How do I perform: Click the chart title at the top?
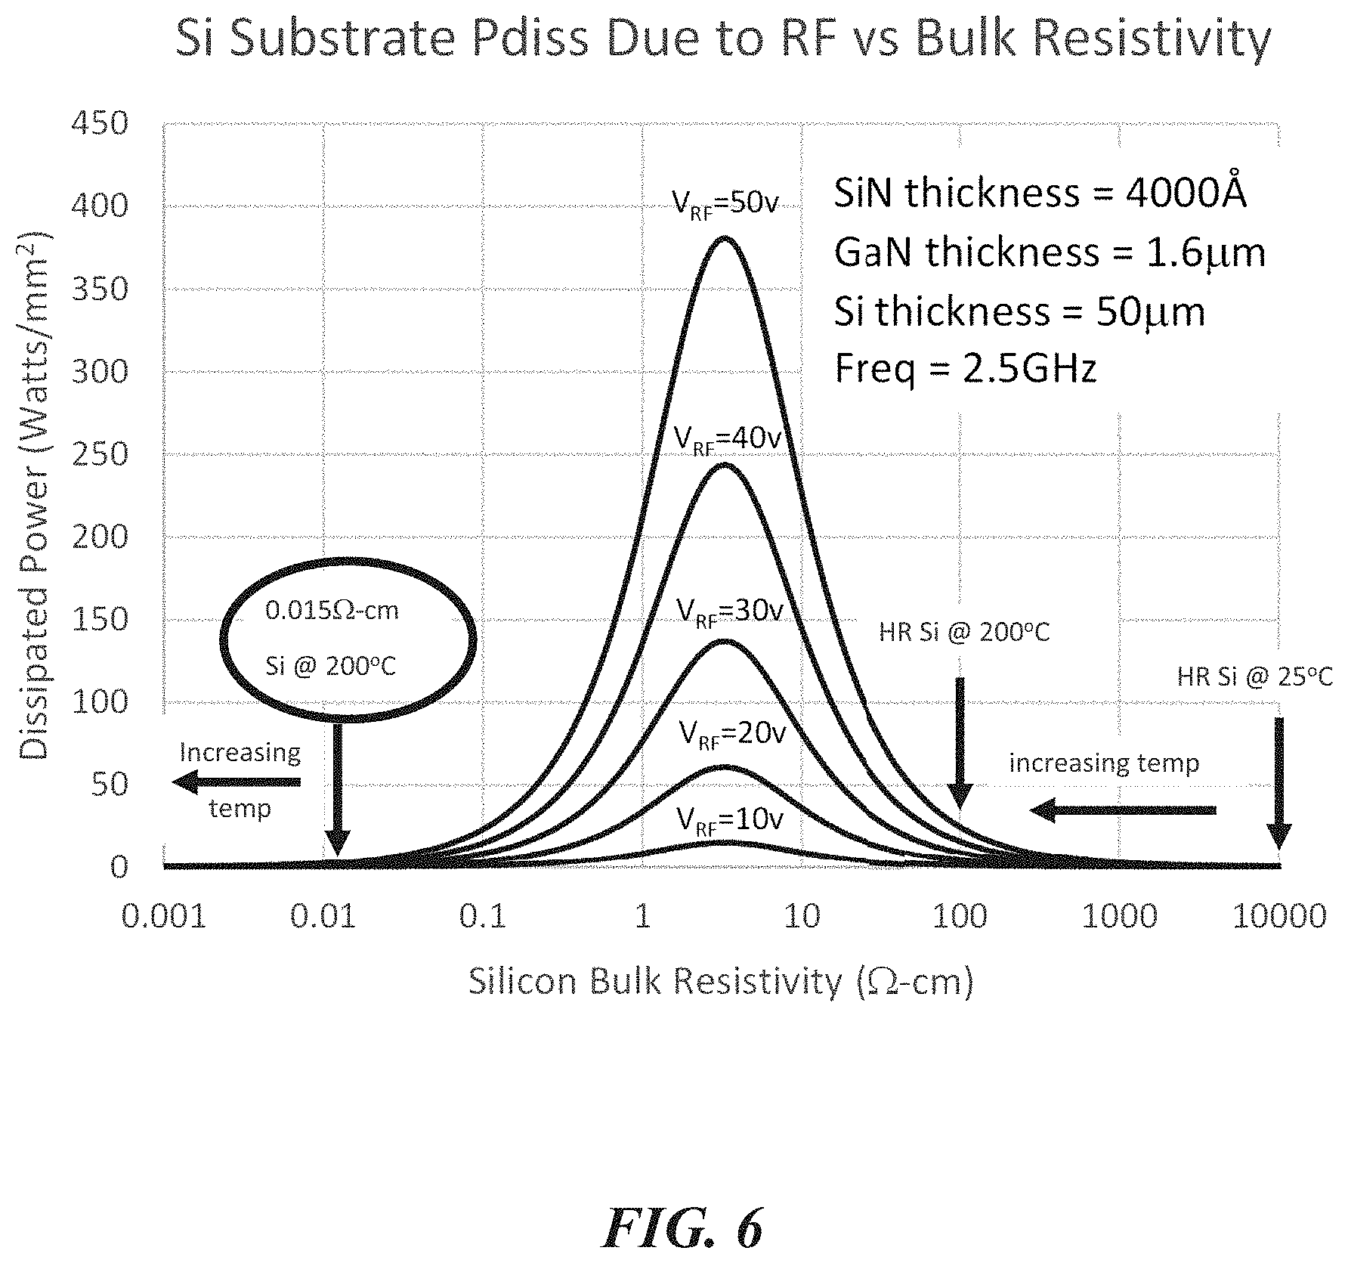tap(723, 39)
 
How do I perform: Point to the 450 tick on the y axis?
tap(99, 123)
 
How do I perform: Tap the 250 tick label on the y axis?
tap(99, 454)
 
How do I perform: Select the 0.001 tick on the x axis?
tap(164, 917)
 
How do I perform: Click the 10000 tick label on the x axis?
tap(1279, 917)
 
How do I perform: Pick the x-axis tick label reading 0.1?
tap(482, 917)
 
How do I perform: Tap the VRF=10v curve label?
tap(730, 819)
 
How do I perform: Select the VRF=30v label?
tap(729, 610)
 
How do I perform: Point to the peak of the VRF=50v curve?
tap(725, 238)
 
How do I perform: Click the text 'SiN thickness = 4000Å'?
tap(1040, 193)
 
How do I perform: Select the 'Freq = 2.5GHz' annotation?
tap(965, 370)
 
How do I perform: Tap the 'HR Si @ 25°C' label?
tap(1254, 676)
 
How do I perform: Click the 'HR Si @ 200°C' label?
tap(964, 632)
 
